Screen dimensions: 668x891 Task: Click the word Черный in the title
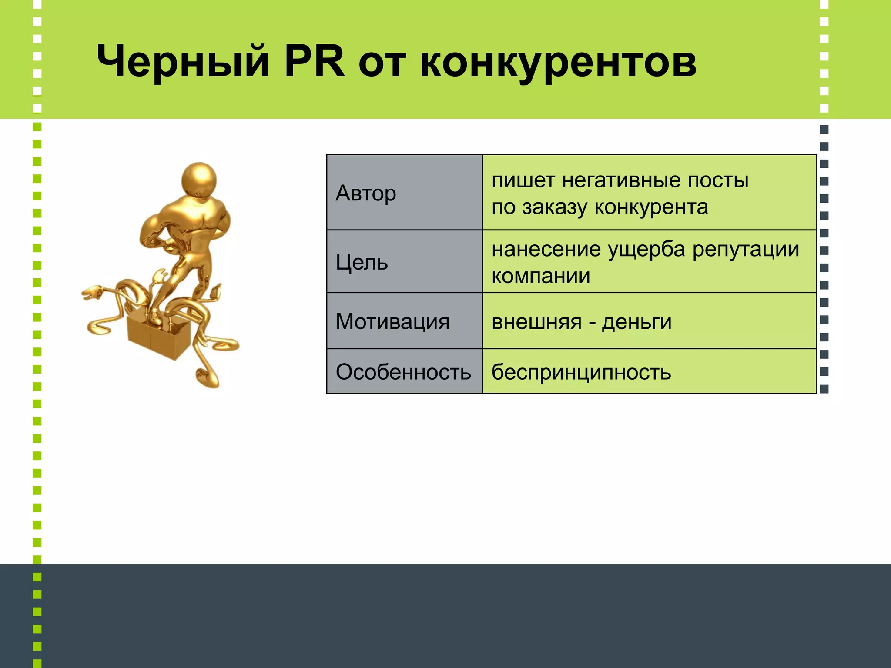(x=183, y=62)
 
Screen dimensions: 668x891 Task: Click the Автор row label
(x=365, y=193)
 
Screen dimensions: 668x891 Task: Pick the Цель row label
(x=362, y=262)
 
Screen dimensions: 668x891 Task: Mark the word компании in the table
(x=541, y=276)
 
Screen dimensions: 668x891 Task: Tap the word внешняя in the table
(x=536, y=322)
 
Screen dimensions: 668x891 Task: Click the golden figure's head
(x=199, y=179)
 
